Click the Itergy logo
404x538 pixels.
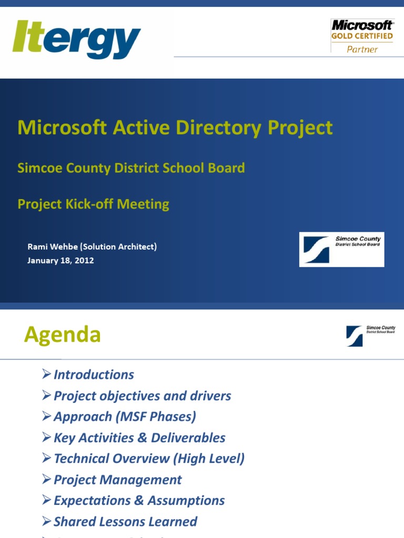(x=76, y=40)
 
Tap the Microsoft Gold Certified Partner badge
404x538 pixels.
(x=362, y=36)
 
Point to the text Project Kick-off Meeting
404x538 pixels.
(x=93, y=204)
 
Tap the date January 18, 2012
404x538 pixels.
(x=60, y=260)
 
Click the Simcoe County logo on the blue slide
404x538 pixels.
(x=341, y=249)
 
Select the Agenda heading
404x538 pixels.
(x=62, y=335)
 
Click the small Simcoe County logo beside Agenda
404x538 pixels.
(x=370, y=336)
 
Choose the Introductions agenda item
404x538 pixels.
(x=94, y=375)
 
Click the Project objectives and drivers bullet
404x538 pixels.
(x=142, y=396)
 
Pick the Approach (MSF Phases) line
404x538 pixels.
(x=125, y=417)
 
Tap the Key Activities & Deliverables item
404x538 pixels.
(x=139, y=438)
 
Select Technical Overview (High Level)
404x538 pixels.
(x=149, y=459)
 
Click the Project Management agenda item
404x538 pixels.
(x=117, y=480)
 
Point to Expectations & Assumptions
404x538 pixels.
(x=139, y=501)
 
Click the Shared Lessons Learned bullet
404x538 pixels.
(x=125, y=522)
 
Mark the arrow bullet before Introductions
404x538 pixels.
(x=47, y=374)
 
